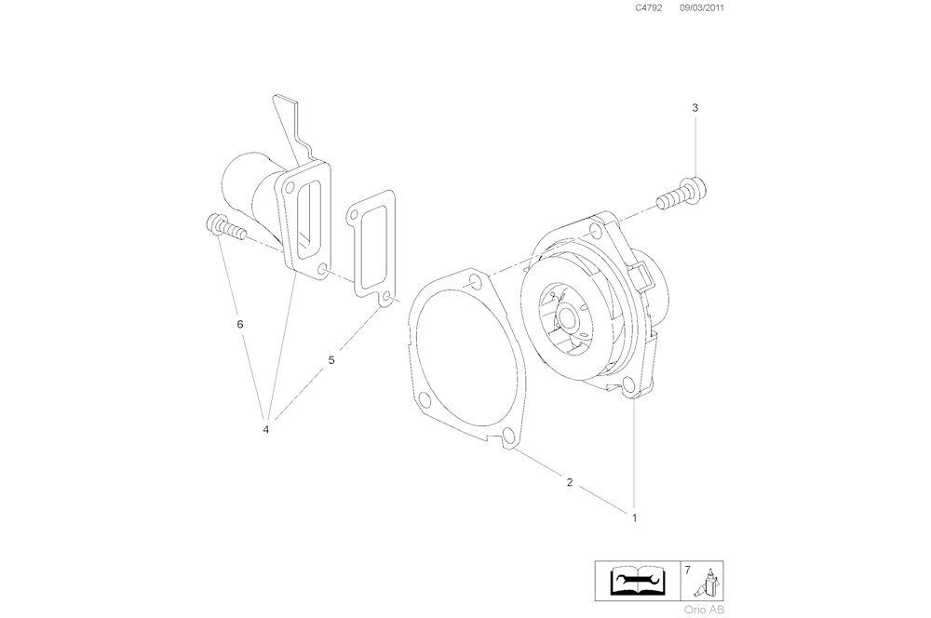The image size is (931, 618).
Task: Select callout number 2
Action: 569,482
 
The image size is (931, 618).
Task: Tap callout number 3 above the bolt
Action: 695,108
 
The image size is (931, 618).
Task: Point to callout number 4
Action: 265,429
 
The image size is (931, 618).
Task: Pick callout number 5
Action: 331,359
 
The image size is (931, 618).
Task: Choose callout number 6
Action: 240,324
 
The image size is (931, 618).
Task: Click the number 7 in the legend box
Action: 687,569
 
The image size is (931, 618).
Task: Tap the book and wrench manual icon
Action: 636,581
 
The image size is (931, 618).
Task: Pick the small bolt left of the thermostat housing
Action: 223,227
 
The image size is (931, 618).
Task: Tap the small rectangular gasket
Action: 372,251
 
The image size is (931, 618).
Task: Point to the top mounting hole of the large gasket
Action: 476,281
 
